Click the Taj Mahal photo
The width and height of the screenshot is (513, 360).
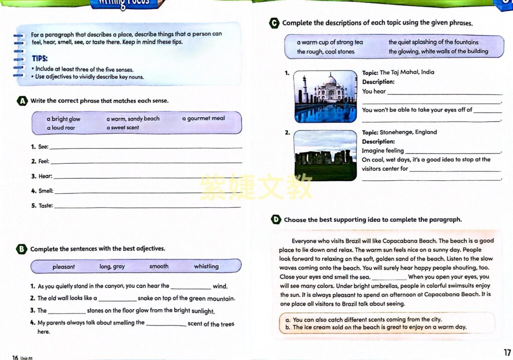(x=325, y=97)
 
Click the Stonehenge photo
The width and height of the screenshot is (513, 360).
(x=325, y=155)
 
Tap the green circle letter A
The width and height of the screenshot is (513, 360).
(x=22, y=101)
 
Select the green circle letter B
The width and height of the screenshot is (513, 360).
(x=22, y=249)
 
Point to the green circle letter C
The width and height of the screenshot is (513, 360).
(x=274, y=23)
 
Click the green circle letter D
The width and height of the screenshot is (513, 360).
(x=276, y=219)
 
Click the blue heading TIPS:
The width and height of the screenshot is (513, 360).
(x=40, y=58)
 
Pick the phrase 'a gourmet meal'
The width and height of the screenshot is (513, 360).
(x=203, y=119)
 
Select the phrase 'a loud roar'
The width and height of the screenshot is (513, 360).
(x=61, y=128)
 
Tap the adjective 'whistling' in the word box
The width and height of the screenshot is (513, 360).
(x=206, y=266)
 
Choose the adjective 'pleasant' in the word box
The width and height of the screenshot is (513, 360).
(x=64, y=267)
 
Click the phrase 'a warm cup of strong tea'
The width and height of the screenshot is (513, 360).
(x=330, y=43)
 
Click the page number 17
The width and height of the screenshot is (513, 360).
(x=506, y=353)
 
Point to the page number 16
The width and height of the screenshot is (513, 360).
(x=15, y=357)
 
